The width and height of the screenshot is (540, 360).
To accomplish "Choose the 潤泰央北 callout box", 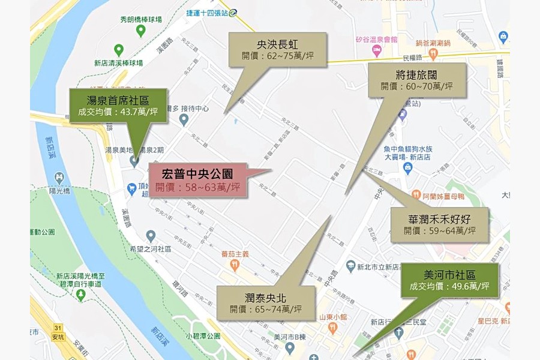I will tap(266, 303).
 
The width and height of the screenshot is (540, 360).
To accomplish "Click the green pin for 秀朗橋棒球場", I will tap(140, 31).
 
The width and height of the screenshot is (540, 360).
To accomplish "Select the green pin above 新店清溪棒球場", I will tap(119, 50).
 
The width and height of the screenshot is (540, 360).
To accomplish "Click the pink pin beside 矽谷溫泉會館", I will tap(377, 50).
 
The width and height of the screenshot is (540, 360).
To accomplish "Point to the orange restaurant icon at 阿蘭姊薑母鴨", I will tap(416, 194).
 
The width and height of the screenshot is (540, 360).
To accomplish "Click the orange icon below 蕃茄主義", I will tap(234, 264).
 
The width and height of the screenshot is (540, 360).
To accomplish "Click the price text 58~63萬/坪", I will tap(197, 188).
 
